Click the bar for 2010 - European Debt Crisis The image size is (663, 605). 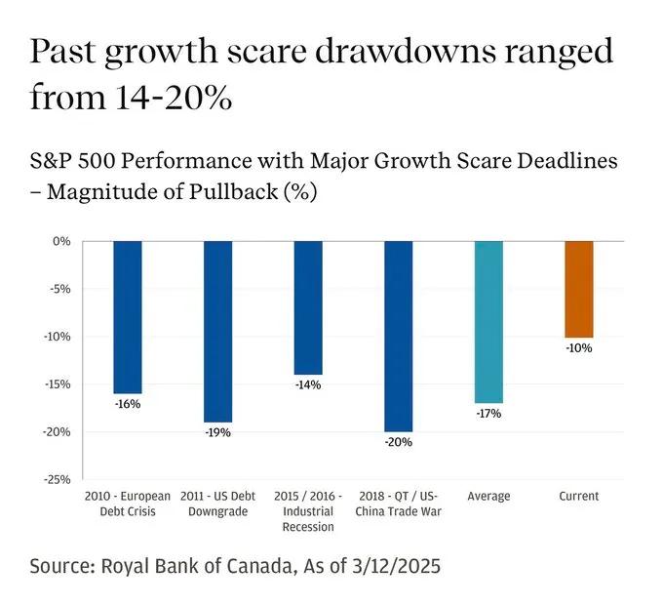point(128,317)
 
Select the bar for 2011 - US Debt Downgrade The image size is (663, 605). point(217,332)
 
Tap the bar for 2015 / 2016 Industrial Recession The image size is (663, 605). point(308,307)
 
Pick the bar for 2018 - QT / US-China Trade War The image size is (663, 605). point(398,337)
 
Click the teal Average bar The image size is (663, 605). point(488,322)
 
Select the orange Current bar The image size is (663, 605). point(579,289)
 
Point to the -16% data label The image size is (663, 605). point(128,403)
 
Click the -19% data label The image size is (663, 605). point(217,432)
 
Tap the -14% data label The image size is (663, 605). point(308,384)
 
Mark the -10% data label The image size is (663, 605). point(579,347)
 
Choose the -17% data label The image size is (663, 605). point(488,414)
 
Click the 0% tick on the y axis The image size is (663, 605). point(60,241)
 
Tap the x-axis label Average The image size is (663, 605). point(488,497)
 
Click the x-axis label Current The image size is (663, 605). point(579,497)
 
